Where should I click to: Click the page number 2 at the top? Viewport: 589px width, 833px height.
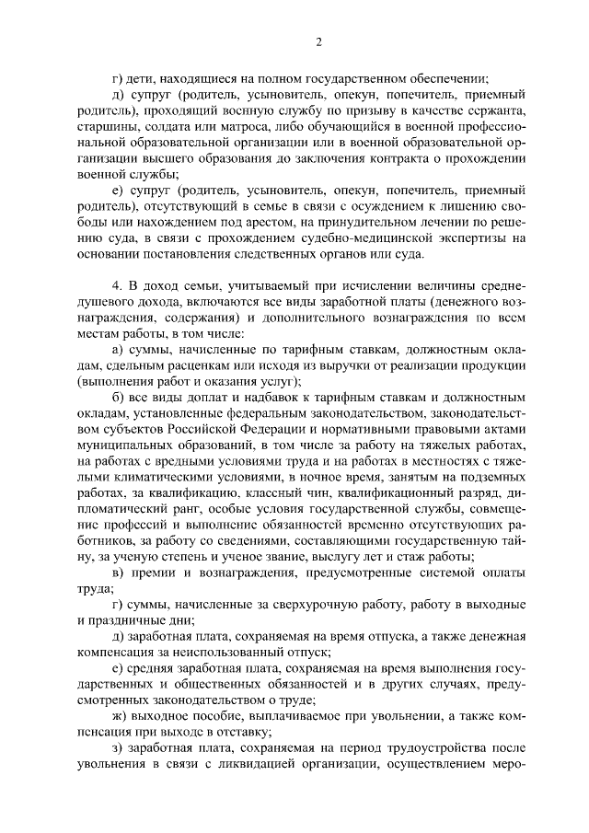pyautogui.click(x=319, y=40)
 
